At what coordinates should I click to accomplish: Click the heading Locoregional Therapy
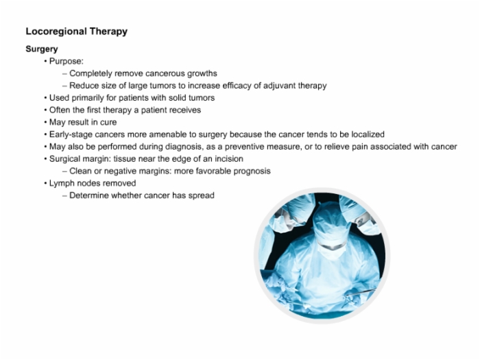(77, 32)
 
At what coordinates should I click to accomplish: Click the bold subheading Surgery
(42, 49)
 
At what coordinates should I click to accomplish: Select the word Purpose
(66, 61)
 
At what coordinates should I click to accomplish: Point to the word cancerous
(164, 73)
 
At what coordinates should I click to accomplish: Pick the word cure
(108, 123)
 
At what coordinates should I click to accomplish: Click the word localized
(368, 134)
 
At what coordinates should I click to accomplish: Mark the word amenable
(167, 134)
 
